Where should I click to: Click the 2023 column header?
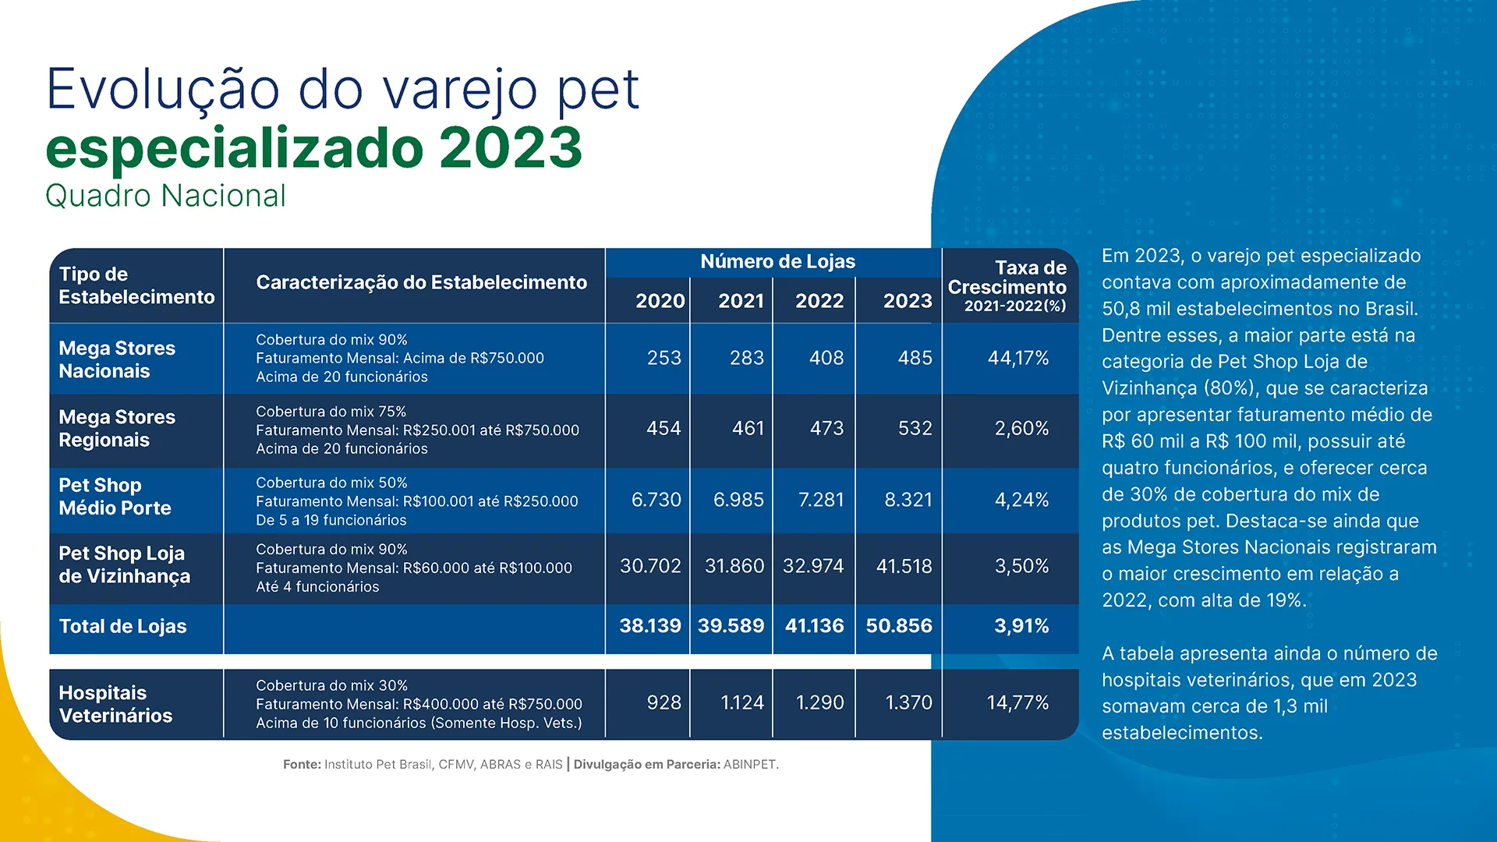[x=907, y=301]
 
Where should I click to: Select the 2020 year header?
[x=660, y=301]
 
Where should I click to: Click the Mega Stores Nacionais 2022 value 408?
[x=826, y=358]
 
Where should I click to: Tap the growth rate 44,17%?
[x=1017, y=358]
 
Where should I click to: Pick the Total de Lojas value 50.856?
[x=898, y=626]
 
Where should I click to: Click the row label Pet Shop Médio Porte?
[x=115, y=497]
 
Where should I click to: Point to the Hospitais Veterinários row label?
[x=115, y=704]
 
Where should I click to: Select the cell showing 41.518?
[x=904, y=566]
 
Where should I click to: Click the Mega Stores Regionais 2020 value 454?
[x=663, y=428]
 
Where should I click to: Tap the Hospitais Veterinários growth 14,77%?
[x=1017, y=702]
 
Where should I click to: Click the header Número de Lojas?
[x=777, y=262]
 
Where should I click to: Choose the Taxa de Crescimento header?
[x=1007, y=286]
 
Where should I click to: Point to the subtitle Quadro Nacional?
[x=165, y=196]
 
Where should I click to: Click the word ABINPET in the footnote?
[x=749, y=765]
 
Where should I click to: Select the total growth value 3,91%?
[x=1021, y=626]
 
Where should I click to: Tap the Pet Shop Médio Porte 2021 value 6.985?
[x=738, y=500]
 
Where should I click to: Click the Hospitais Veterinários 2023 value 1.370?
[x=908, y=702]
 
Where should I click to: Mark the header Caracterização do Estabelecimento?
[x=421, y=283]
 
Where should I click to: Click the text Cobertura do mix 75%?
[x=331, y=412]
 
